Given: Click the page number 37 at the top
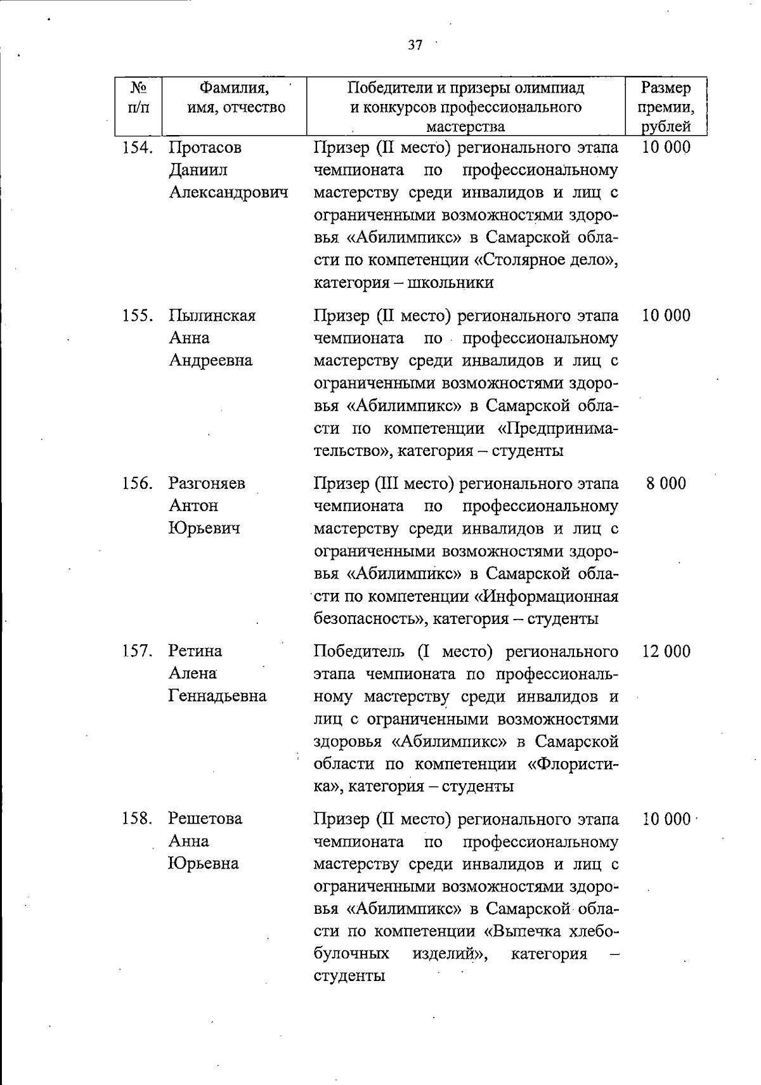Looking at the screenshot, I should pos(415,45).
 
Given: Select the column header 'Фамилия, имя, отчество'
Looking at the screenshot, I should pos(235,97).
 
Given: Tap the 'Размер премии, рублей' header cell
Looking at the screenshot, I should pos(665,107).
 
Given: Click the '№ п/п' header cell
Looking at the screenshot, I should pos(138,97).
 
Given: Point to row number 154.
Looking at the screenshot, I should pos(138,148).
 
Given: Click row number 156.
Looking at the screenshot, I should pos(138,483).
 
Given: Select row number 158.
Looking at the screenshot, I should pos(138,819).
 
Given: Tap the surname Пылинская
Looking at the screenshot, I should pos(212,315).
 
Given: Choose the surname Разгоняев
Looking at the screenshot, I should pos(207,483).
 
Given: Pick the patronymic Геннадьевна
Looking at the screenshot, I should pos(218,696).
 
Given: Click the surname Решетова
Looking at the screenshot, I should pos(205,819).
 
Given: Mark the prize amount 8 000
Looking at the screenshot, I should pos(666,483).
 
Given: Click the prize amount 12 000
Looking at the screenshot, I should pos(666,651).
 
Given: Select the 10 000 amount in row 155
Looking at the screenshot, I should pos(666,315).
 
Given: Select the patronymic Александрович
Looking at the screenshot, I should pos(228,192).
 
